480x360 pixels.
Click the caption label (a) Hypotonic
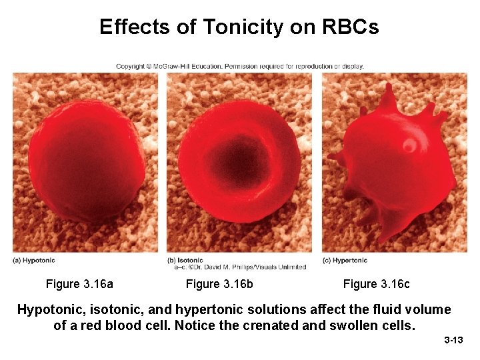click(x=34, y=261)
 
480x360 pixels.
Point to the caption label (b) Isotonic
click(x=186, y=261)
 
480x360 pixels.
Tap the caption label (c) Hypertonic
click(x=345, y=261)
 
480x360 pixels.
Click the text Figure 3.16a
click(x=79, y=285)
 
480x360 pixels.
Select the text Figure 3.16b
click(x=219, y=285)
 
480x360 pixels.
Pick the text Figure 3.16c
click(x=376, y=285)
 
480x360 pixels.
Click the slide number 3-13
click(x=453, y=341)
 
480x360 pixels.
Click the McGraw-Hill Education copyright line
click(x=240, y=66)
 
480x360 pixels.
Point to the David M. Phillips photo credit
click(x=240, y=267)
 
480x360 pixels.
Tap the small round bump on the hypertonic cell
click(x=408, y=145)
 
